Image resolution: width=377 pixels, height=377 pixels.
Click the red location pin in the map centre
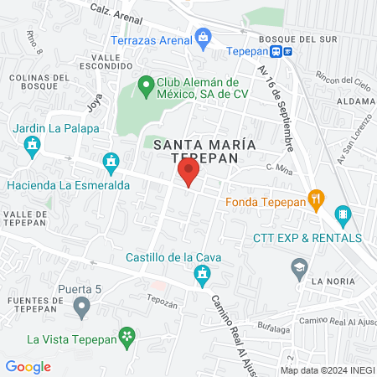click(x=188, y=173)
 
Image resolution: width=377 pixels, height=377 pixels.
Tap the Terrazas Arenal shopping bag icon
click(x=204, y=37)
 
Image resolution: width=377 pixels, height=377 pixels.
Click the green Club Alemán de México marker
click(x=144, y=85)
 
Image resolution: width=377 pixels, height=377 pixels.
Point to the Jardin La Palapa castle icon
click(x=33, y=146)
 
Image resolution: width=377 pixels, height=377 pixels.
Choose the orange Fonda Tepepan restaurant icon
click(x=316, y=199)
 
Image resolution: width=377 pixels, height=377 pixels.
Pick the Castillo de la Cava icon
click(x=202, y=274)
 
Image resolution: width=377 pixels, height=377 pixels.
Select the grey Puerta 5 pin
click(x=81, y=308)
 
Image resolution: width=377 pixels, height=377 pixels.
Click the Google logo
click(x=28, y=366)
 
